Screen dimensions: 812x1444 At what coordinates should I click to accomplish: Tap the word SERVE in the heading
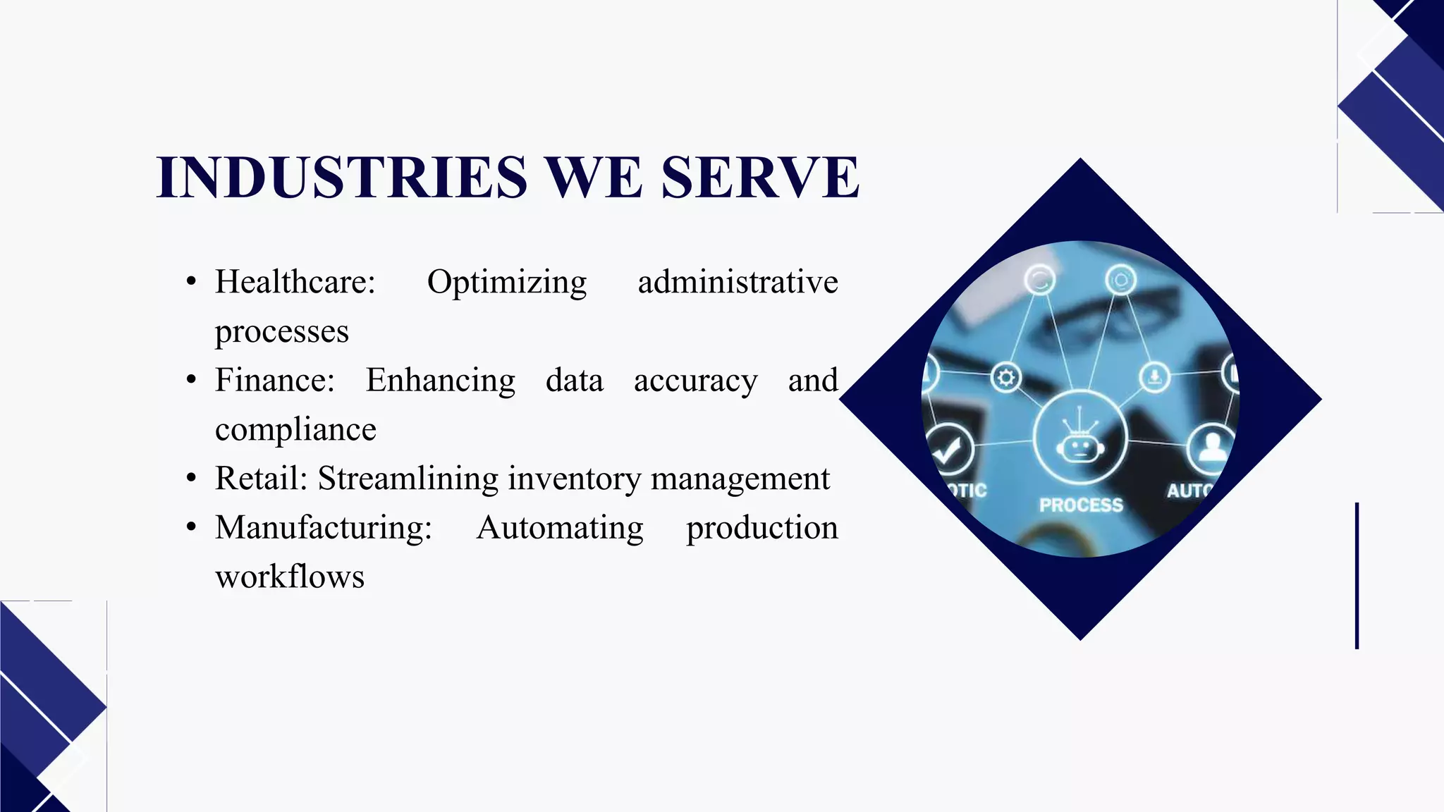click(x=760, y=177)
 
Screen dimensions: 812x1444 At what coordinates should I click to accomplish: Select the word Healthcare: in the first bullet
click(x=295, y=282)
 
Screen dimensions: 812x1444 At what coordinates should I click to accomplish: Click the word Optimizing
click(x=507, y=282)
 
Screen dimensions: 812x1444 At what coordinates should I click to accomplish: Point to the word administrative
click(x=738, y=282)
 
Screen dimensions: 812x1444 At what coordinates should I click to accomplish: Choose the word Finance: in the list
click(x=275, y=380)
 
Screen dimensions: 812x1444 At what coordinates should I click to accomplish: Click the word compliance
click(x=295, y=429)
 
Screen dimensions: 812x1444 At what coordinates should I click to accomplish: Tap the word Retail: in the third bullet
click(x=262, y=478)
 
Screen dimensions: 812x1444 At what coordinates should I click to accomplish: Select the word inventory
click(x=575, y=478)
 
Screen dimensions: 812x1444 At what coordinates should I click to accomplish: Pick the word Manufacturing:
click(x=324, y=527)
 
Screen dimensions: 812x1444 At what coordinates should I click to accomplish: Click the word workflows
click(x=290, y=577)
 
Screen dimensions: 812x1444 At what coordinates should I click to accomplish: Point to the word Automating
click(x=560, y=527)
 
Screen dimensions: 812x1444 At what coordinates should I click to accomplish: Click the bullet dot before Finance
click(x=191, y=380)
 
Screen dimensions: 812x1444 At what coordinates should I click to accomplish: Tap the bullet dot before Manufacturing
click(x=191, y=527)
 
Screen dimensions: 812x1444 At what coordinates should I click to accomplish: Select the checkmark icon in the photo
click(x=948, y=449)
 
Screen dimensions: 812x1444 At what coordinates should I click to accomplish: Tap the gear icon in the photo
click(x=1006, y=378)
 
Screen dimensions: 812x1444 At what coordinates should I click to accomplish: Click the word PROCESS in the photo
click(x=1081, y=505)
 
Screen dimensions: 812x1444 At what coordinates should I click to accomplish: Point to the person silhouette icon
click(x=1212, y=447)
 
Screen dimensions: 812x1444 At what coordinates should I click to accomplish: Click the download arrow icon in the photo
click(x=1154, y=377)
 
